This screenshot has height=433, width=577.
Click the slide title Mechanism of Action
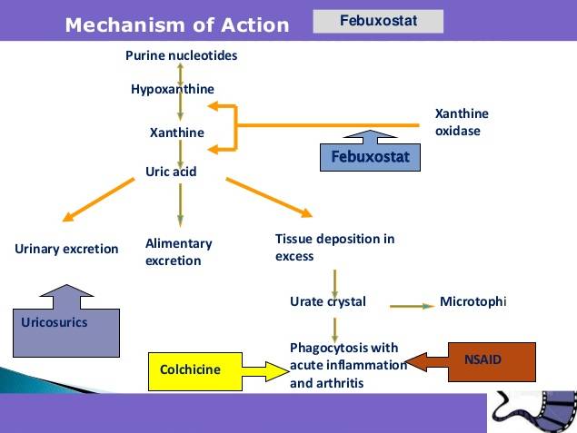click(177, 25)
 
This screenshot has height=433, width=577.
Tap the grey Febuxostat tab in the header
click(378, 21)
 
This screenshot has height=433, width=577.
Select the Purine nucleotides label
click(181, 56)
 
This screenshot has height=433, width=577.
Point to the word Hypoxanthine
click(173, 89)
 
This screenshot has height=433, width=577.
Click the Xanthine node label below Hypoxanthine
click(176, 133)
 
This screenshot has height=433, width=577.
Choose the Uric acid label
click(171, 171)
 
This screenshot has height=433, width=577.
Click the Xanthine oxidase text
click(462, 122)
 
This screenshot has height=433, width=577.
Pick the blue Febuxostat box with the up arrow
click(370, 157)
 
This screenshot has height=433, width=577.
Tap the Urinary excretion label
click(66, 249)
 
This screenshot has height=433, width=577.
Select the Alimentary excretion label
click(178, 251)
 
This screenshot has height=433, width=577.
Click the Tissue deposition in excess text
click(334, 247)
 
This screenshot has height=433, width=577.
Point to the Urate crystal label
click(327, 301)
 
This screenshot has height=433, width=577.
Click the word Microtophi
click(472, 301)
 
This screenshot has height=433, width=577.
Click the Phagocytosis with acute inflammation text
click(348, 365)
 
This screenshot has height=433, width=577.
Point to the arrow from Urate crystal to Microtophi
click(412, 305)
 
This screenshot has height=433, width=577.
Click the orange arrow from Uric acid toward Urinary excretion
click(99, 199)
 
